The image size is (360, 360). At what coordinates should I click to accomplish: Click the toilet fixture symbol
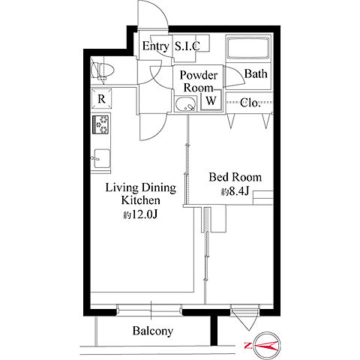[x=103, y=70]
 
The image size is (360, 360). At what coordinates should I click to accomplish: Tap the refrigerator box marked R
[x=101, y=99]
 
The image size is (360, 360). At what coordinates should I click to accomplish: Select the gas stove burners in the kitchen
[x=100, y=124]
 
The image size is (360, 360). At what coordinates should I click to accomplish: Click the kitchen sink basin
[x=102, y=158]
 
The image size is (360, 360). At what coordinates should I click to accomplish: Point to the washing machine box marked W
[x=211, y=100]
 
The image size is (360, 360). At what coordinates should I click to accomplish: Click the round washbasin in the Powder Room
[x=185, y=104]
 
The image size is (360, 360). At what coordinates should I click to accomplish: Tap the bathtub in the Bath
[x=248, y=48]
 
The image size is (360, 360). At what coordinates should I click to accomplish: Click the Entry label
[x=155, y=46]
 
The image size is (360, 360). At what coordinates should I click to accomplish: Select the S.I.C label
[x=187, y=46]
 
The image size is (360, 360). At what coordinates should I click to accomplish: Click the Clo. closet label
[x=250, y=103]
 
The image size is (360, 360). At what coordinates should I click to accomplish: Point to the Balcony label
[x=153, y=331]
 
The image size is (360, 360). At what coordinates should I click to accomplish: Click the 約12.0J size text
[x=140, y=214]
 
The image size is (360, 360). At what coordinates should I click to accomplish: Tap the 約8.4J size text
[x=235, y=191]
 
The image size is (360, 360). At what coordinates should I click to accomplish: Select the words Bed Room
[x=235, y=177]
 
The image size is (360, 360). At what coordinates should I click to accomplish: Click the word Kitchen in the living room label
[x=141, y=200]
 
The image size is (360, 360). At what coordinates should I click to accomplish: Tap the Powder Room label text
[x=199, y=82]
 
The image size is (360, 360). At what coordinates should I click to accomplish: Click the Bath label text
[x=256, y=73]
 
